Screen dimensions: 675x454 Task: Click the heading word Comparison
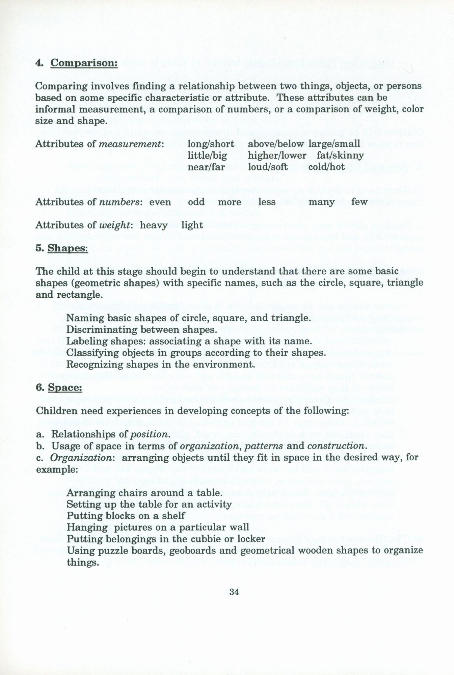pos(84,63)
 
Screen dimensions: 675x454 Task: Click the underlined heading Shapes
pos(68,248)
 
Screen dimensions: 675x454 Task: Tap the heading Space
pos(65,387)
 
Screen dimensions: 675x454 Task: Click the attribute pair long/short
pos(211,144)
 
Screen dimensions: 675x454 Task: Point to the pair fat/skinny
pos(340,156)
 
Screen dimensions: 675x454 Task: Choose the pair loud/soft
pos(268,167)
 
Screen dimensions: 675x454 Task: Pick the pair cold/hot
pos(327,167)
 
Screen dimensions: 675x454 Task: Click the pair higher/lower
pos(277,156)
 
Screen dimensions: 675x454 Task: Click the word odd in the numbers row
pos(196,202)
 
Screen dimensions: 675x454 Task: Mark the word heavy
pos(154,225)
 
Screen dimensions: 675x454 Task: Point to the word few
pos(359,202)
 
